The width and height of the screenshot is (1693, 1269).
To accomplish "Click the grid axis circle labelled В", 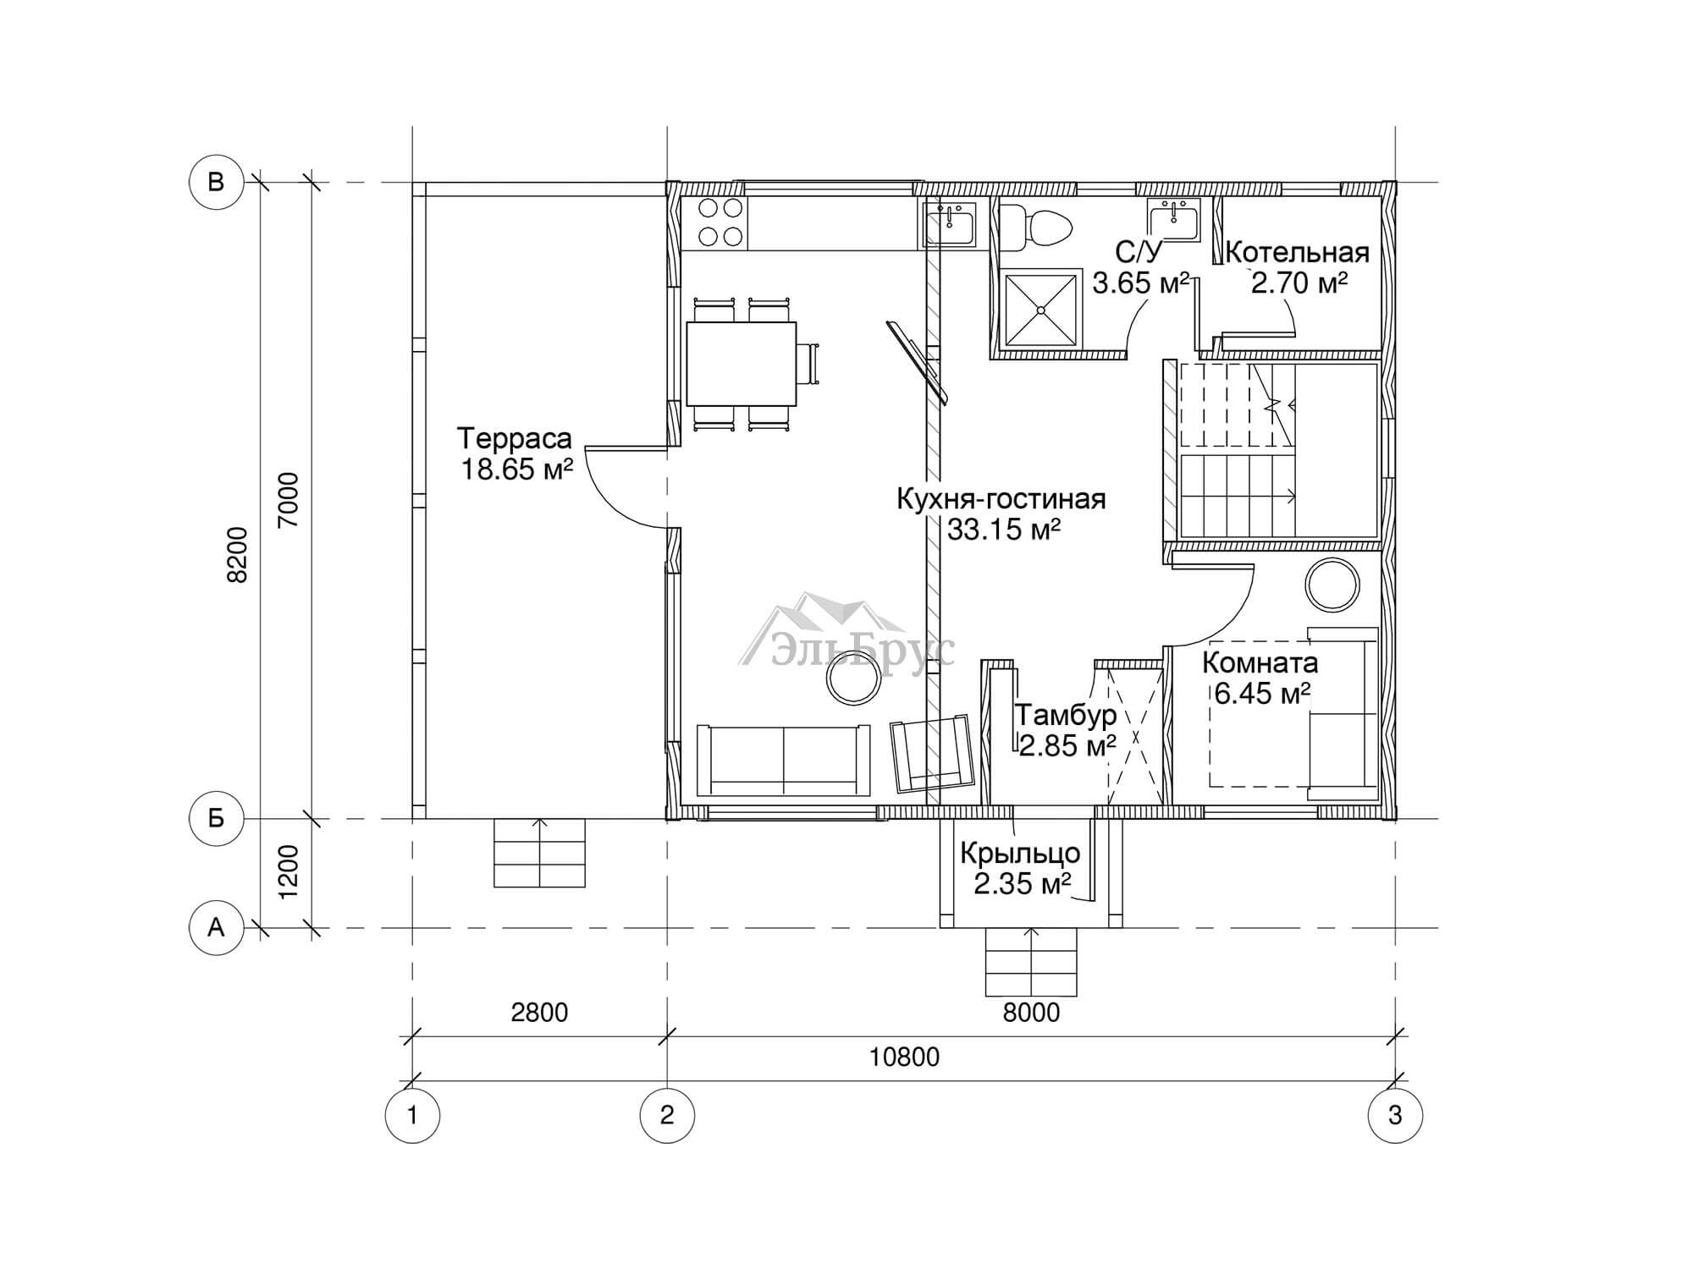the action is click(216, 182).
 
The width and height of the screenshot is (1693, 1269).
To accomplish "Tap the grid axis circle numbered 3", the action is click(1395, 1115).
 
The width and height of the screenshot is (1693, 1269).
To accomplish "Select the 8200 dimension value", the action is click(239, 555).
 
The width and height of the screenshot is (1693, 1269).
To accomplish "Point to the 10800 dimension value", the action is click(904, 1057).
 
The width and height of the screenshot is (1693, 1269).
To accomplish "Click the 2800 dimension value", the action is click(539, 1012).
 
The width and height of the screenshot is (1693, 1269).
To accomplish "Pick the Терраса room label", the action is click(515, 438).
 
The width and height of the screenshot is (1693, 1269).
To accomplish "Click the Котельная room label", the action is click(1297, 252).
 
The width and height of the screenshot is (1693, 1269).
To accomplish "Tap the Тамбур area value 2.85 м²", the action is click(1067, 745).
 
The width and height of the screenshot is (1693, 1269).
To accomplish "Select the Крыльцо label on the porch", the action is click(1020, 853).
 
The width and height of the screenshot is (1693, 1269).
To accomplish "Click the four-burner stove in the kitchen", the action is click(721, 222).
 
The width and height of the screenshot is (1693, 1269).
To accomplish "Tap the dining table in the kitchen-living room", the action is click(741, 364).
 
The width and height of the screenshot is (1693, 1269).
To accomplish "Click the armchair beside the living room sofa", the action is click(931, 753).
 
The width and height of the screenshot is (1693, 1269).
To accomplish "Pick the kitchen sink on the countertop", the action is click(951, 224).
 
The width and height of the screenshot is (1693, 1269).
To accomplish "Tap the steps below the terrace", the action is click(539, 853).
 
